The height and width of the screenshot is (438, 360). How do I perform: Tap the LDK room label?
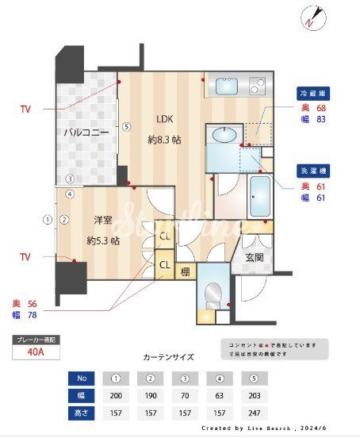click(164, 120)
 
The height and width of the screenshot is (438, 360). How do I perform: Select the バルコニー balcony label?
click(86, 133)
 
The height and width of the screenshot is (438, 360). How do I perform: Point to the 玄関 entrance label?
click(255, 257)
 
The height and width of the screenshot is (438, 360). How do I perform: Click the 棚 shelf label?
click(184, 271)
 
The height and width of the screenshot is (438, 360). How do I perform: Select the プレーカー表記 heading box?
click(36, 340)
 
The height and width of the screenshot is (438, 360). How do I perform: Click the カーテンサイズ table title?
click(168, 358)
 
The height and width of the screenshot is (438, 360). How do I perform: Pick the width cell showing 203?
click(254, 395)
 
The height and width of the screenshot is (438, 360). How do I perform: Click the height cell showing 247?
click(254, 413)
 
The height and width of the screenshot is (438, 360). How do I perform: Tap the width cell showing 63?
click(219, 395)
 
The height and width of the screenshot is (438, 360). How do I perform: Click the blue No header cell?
click(82, 378)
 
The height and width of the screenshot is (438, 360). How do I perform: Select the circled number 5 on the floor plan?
click(126, 125)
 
